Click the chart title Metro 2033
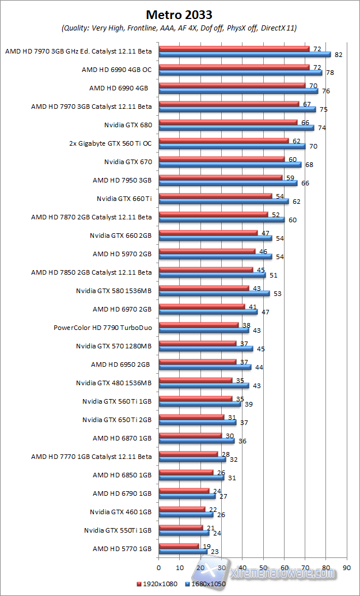[x=179, y=14]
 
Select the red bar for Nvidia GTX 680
[x=228, y=122]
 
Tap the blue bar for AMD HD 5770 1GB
[x=183, y=552]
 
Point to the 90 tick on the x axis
[x=346, y=568]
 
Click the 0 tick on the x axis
[x=159, y=568]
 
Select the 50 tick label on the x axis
[x=263, y=568]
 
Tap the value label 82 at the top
[x=338, y=55]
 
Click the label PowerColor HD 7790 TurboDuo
[x=103, y=328]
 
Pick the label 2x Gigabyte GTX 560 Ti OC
[x=110, y=143]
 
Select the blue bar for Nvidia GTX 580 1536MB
[x=214, y=293]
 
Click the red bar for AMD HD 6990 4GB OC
[x=234, y=67]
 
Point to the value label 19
[x=206, y=545]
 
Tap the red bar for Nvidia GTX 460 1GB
[x=181, y=509]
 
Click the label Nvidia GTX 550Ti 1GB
[x=118, y=530]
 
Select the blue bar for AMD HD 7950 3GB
[x=228, y=183]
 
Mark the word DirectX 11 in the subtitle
[x=277, y=28]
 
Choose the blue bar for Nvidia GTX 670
[x=230, y=165]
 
